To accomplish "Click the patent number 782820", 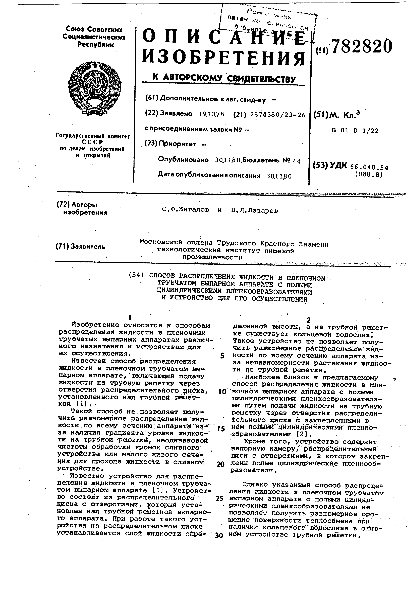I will coord(362,46).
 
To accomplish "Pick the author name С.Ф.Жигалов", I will coord(185,210).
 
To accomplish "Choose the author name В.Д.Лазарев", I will coord(254,211).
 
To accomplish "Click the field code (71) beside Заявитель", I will coord(62,246).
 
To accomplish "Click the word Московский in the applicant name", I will coord(161,242).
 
